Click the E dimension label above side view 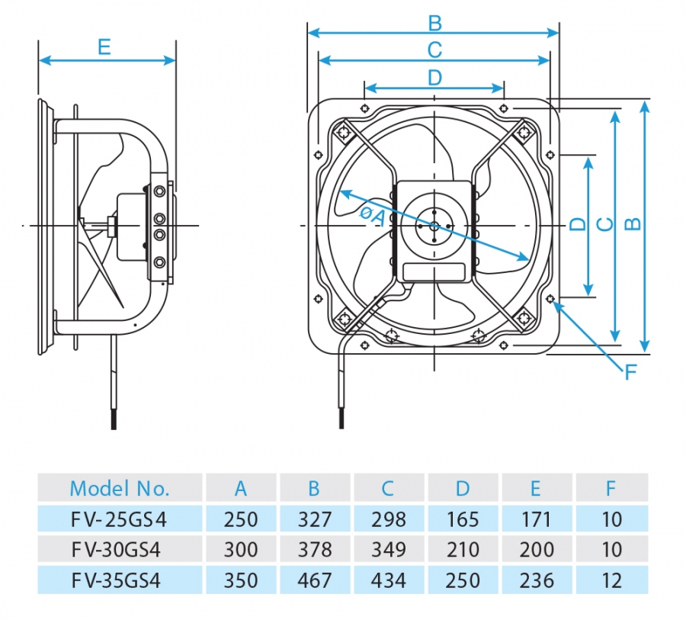104,47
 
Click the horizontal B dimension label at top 434,22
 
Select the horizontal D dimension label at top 434,77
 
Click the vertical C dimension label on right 604,224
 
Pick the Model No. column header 120,488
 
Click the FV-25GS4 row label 119,519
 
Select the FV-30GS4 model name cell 119,549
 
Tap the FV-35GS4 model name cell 119,580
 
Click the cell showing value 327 315,519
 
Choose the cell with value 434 389,580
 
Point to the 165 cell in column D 463,519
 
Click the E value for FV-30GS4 537,549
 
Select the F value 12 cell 611,580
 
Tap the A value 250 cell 240,519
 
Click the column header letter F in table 611,488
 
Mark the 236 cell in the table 537,580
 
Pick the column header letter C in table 389,488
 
